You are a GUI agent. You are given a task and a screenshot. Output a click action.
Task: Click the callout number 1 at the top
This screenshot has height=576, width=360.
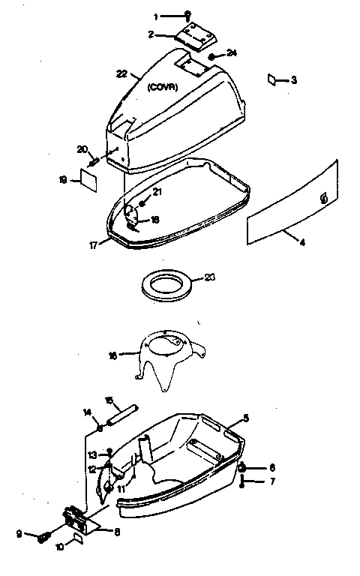click(x=155, y=15)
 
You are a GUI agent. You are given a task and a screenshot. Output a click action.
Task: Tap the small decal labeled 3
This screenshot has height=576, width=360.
click(x=274, y=79)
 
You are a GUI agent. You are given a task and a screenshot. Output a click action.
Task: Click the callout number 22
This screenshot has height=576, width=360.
click(x=122, y=73)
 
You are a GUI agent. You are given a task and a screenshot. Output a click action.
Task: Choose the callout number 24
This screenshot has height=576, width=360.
click(x=232, y=53)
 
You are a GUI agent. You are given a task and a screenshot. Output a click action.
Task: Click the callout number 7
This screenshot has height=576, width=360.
click(x=272, y=481)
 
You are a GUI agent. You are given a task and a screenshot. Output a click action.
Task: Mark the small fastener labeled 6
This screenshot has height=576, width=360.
click(x=244, y=468)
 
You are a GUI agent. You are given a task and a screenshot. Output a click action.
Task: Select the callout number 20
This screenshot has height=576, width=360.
click(x=82, y=149)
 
